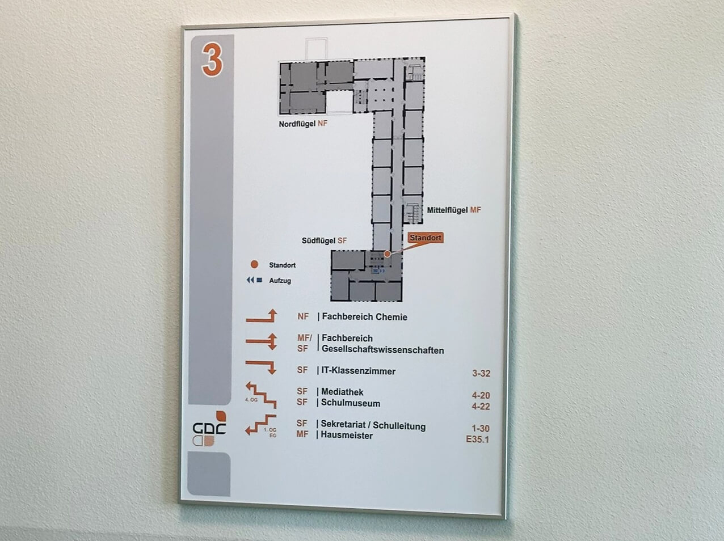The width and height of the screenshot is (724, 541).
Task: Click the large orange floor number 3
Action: pyautogui.click(x=212, y=60)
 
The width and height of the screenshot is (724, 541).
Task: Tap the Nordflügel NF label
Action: pyautogui.click(x=303, y=124)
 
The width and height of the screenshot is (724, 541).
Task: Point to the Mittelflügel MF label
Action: pyautogui.click(x=454, y=210)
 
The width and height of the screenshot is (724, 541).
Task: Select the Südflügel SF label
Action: pyautogui.click(x=324, y=240)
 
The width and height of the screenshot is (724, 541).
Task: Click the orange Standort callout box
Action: pyautogui.click(x=425, y=238)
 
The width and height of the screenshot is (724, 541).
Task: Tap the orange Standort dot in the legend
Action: pyautogui.click(x=255, y=265)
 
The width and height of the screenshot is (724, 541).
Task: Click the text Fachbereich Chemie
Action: pyautogui.click(x=364, y=317)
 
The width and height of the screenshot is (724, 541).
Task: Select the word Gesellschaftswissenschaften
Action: pyautogui.click(x=382, y=350)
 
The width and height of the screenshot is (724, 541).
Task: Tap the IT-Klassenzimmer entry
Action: pyautogui.click(x=358, y=371)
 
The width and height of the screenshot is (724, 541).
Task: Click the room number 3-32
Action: pyautogui.click(x=481, y=373)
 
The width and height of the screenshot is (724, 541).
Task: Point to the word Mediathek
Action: pyautogui.click(x=342, y=392)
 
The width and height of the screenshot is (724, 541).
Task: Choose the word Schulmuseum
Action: pyautogui.click(x=350, y=403)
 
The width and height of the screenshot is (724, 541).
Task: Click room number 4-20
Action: pyautogui.click(x=481, y=395)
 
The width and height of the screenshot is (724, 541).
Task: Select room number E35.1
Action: pyautogui.click(x=477, y=439)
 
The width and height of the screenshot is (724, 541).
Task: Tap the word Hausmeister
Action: pyautogui.click(x=346, y=436)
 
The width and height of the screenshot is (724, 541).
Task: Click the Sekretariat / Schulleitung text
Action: pyautogui.click(x=373, y=425)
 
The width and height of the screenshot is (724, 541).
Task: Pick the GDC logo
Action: pyautogui.click(x=209, y=429)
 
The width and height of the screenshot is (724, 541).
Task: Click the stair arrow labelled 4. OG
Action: pyautogui.click(x=261, y=395)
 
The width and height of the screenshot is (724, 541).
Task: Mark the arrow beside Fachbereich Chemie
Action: pyautogui.click(x=262, y=317)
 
